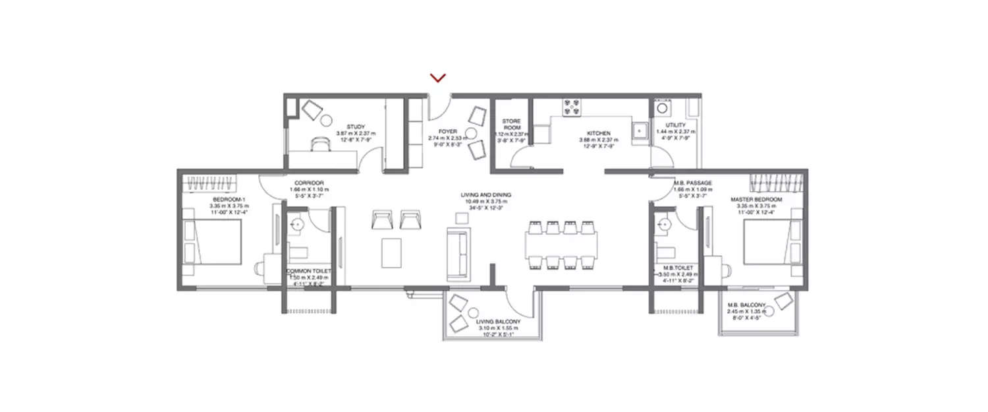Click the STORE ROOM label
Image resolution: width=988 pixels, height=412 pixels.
[512, 125]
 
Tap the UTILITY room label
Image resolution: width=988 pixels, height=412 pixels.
[675, 125]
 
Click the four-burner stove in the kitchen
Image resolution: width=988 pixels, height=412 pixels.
[571, 105]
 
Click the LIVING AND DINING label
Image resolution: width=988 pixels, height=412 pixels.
[486, 195]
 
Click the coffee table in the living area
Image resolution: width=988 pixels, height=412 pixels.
[393, 252]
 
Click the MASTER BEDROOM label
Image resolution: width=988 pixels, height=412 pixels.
[756, 199]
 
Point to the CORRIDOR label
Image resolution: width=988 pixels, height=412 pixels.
[308, 183]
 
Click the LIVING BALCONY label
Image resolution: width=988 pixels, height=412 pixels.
[498, 322]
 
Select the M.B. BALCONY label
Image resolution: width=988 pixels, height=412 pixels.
[746, 305]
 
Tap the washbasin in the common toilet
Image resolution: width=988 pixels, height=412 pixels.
[297, 225]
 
